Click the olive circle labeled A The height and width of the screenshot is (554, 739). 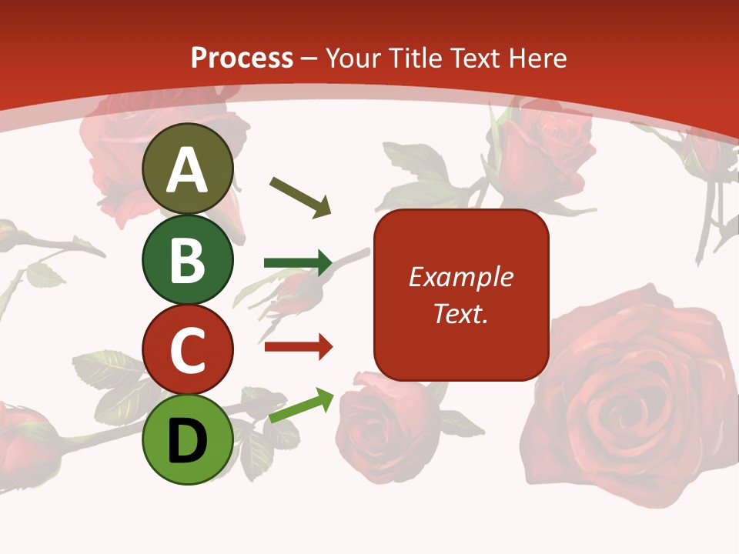(188, 169)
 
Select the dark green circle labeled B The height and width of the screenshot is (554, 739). (188, 259)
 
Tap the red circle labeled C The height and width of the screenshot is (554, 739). (188, 349)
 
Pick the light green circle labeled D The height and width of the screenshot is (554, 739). (188, 439)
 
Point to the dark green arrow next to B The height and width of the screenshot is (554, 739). (299, 263)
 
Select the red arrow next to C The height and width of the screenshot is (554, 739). (299, 347)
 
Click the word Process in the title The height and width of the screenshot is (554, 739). (242, 58)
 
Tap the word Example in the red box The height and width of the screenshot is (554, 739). (460, 277)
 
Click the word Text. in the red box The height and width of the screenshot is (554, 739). (460, 313)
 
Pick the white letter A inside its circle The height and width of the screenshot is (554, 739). (188, 170)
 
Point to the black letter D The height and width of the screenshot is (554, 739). (188, 441)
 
